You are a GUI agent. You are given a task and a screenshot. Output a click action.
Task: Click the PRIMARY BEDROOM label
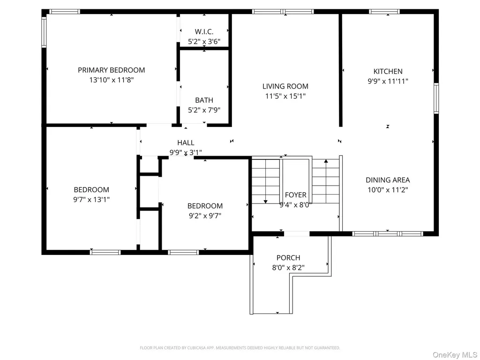click(112, 70)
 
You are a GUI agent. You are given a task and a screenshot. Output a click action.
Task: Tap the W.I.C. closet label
click(204, 31)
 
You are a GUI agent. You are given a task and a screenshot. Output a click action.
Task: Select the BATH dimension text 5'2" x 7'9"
click(204, 110)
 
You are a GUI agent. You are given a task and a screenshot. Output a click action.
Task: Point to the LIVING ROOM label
click(285, 86)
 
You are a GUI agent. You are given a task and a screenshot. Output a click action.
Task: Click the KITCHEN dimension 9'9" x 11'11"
click(388, 81)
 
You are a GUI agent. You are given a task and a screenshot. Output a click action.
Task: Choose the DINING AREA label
click(388, 180)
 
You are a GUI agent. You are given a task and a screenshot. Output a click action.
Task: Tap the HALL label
click(186, 142)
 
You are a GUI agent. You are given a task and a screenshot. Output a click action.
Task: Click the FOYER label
click(296, 195)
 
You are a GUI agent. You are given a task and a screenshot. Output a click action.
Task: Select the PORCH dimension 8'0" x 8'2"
click(288, 268)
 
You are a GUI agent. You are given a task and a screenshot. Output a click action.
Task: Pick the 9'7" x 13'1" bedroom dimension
click(91, 200)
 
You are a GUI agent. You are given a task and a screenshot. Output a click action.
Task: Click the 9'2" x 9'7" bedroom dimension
click(205, 216)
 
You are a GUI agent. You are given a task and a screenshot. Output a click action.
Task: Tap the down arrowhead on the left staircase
click(265, 202)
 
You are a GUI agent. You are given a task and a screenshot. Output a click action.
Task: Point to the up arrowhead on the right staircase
click(326, 161)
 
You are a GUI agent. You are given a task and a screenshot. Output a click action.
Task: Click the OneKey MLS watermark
click(455, 355)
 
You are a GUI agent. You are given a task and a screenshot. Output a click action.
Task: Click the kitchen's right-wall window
click(436, 98)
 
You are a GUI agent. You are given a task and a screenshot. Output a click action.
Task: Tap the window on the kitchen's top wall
click(384, 12)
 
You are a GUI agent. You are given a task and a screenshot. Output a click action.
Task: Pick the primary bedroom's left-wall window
click(44, 32)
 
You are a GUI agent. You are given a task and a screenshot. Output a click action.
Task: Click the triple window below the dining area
click(388, 234)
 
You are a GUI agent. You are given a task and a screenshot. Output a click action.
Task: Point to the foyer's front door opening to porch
click(297, 234)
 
